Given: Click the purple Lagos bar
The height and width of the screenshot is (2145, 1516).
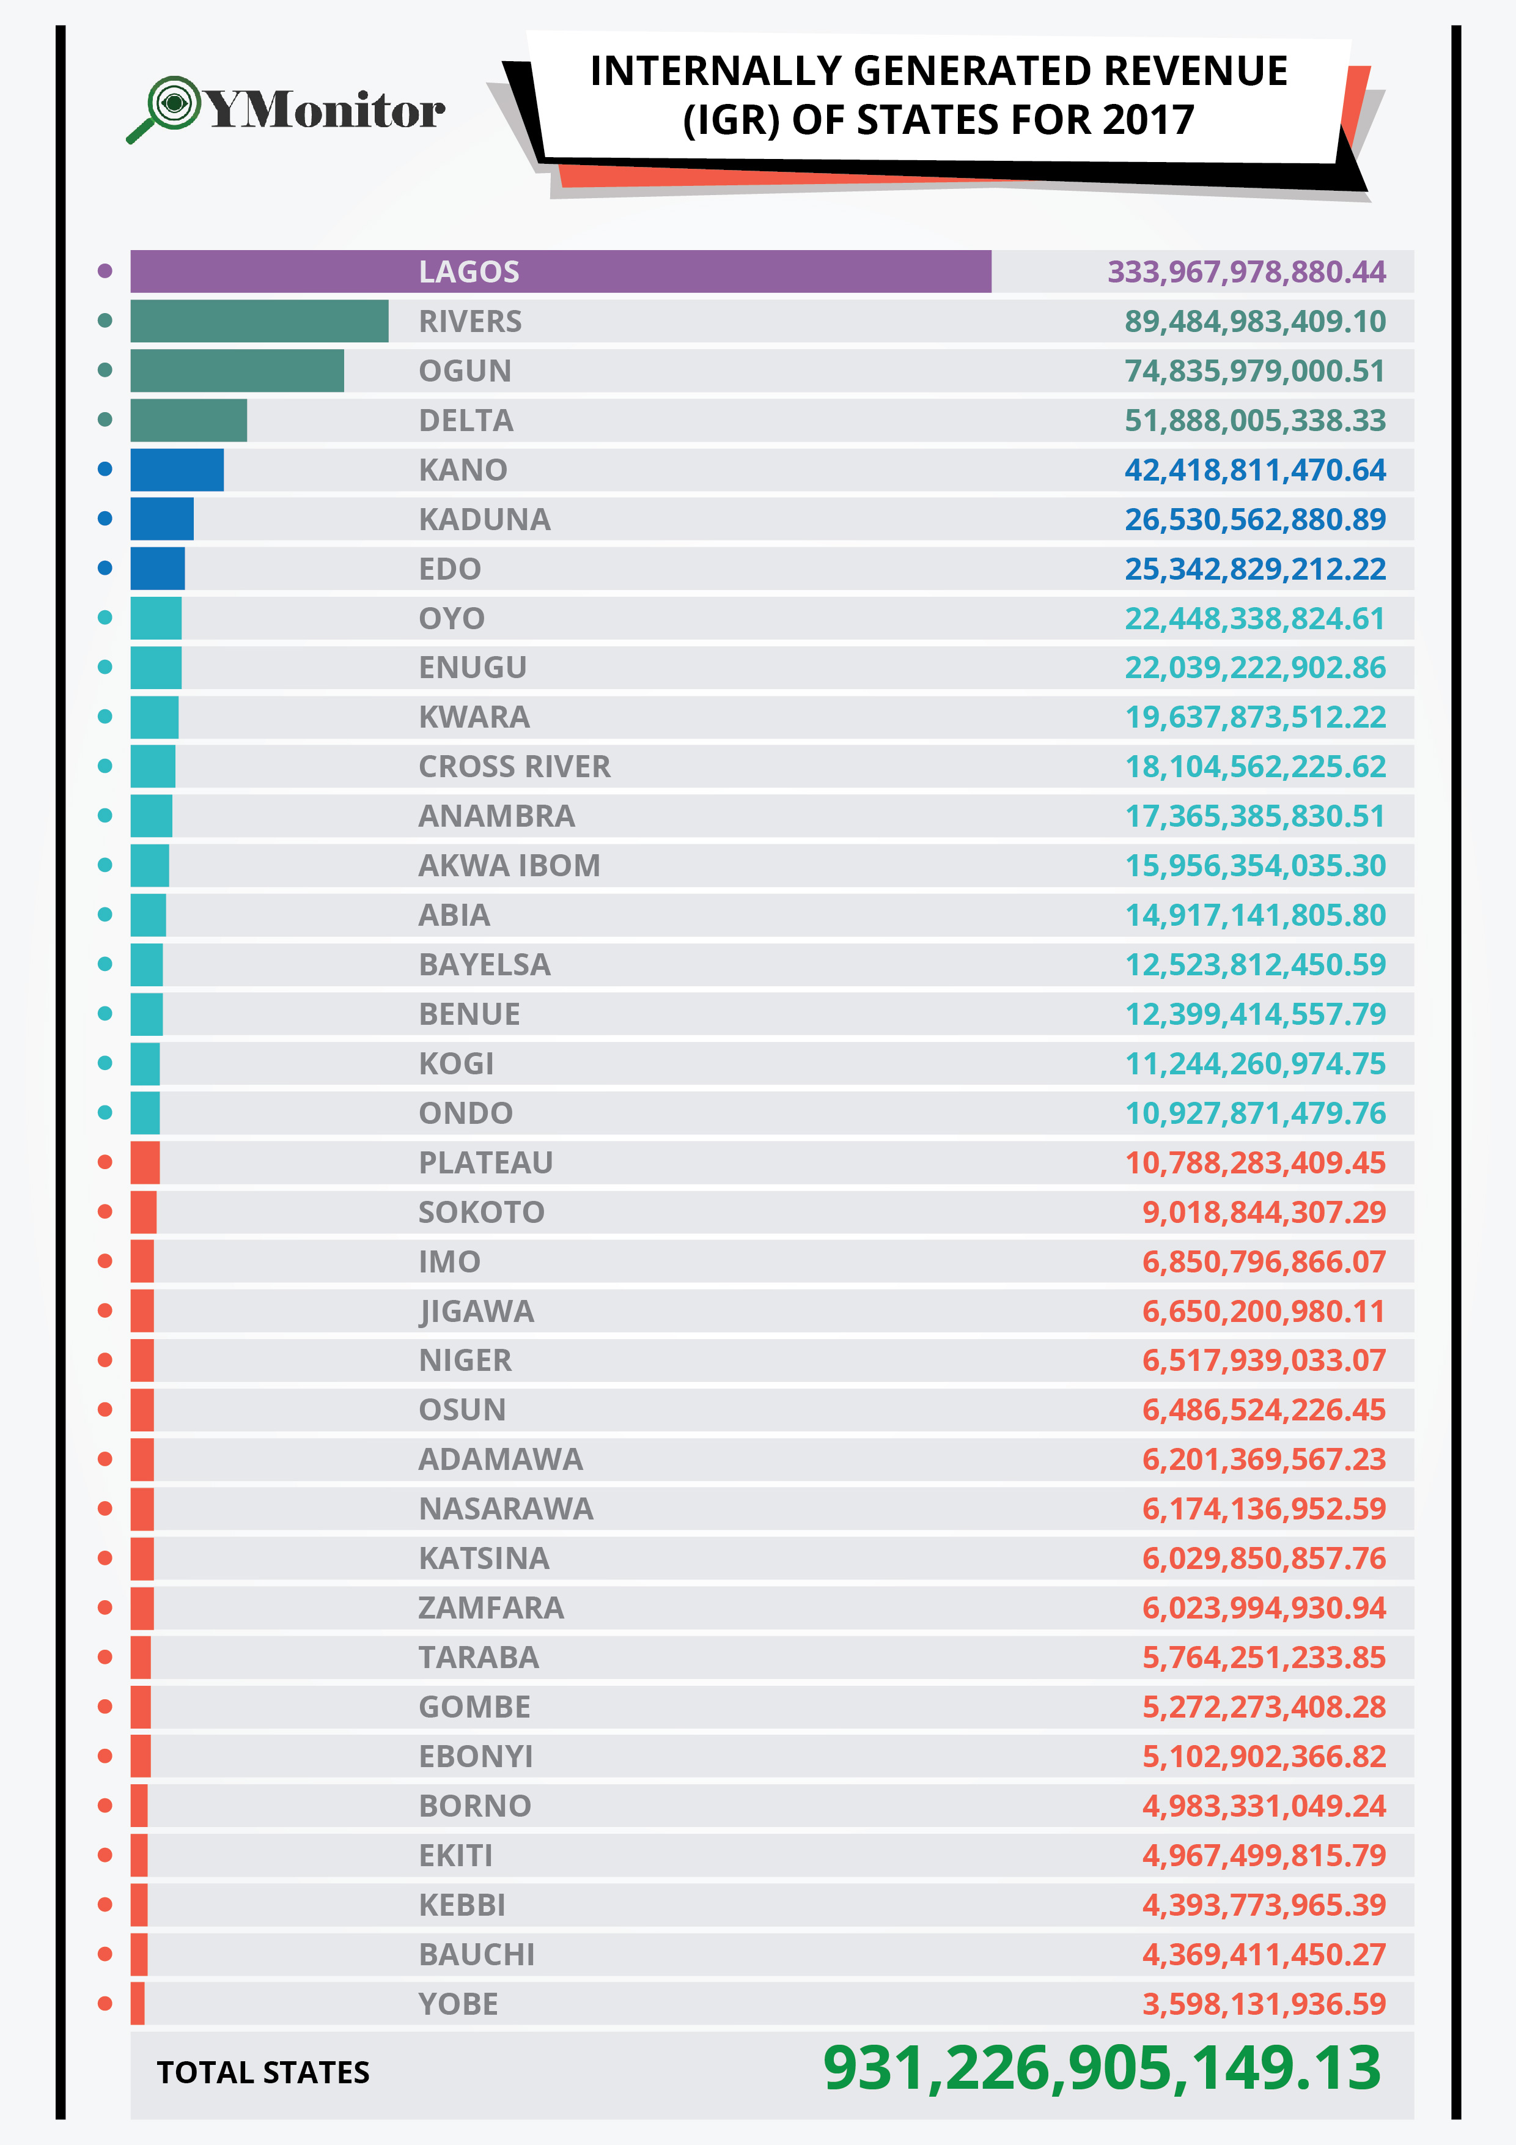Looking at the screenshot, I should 561,272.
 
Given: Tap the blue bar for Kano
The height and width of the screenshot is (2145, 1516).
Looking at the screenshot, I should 177,470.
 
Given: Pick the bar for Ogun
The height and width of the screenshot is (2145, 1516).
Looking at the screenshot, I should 237,371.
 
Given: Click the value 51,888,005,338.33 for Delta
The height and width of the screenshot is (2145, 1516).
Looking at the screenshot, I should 1254,421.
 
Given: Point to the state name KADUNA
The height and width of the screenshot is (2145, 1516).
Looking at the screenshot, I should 484,519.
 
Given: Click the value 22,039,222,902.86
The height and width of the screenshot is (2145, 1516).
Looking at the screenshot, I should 1254,668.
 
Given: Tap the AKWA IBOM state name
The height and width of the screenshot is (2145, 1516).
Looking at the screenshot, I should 509,866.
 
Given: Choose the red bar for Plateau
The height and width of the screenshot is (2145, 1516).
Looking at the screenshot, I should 145,1163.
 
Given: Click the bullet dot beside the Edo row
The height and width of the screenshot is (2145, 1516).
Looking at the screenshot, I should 105,569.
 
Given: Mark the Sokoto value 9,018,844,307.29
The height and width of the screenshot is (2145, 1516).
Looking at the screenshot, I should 1263,1213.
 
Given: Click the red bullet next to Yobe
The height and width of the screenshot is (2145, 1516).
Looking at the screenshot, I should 105,2004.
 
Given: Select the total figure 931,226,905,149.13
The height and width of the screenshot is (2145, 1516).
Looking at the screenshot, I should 1102,2069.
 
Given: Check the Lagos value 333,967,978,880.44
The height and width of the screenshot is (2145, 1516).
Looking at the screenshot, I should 1246,272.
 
